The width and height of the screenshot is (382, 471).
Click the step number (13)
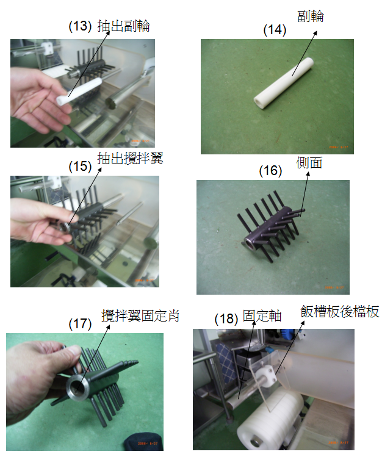[x=80, y=26]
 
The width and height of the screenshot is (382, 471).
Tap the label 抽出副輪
[x=123, y=26]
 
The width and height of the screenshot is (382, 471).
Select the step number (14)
[x=275, y=30]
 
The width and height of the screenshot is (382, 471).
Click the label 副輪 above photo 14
[x=311, y=16]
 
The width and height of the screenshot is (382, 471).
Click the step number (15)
[x=80, y=166]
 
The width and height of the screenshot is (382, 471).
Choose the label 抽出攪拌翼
[x=130, y=158]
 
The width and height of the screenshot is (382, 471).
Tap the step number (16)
[x=270, y=170]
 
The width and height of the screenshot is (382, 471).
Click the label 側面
[x=309, y=162]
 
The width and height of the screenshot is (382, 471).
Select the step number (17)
[x=80, y=324]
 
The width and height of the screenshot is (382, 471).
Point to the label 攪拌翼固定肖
[x=140, y=315]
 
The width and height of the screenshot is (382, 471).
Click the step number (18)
[x=226, y=318]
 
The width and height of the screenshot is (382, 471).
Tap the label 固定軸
[x=262, y=316]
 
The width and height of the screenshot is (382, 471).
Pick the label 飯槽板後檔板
[x=340, y=312]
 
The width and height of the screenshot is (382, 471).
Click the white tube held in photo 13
[x=79, y=92]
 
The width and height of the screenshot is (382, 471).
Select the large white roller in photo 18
[x=270, y=419]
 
